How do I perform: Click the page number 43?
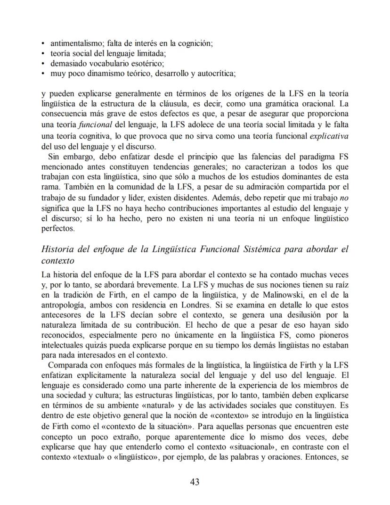[195, 482]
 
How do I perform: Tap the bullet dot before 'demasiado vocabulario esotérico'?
[43, 64]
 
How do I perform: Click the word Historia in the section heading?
[58, 249]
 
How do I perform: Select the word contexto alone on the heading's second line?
[58, 261]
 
